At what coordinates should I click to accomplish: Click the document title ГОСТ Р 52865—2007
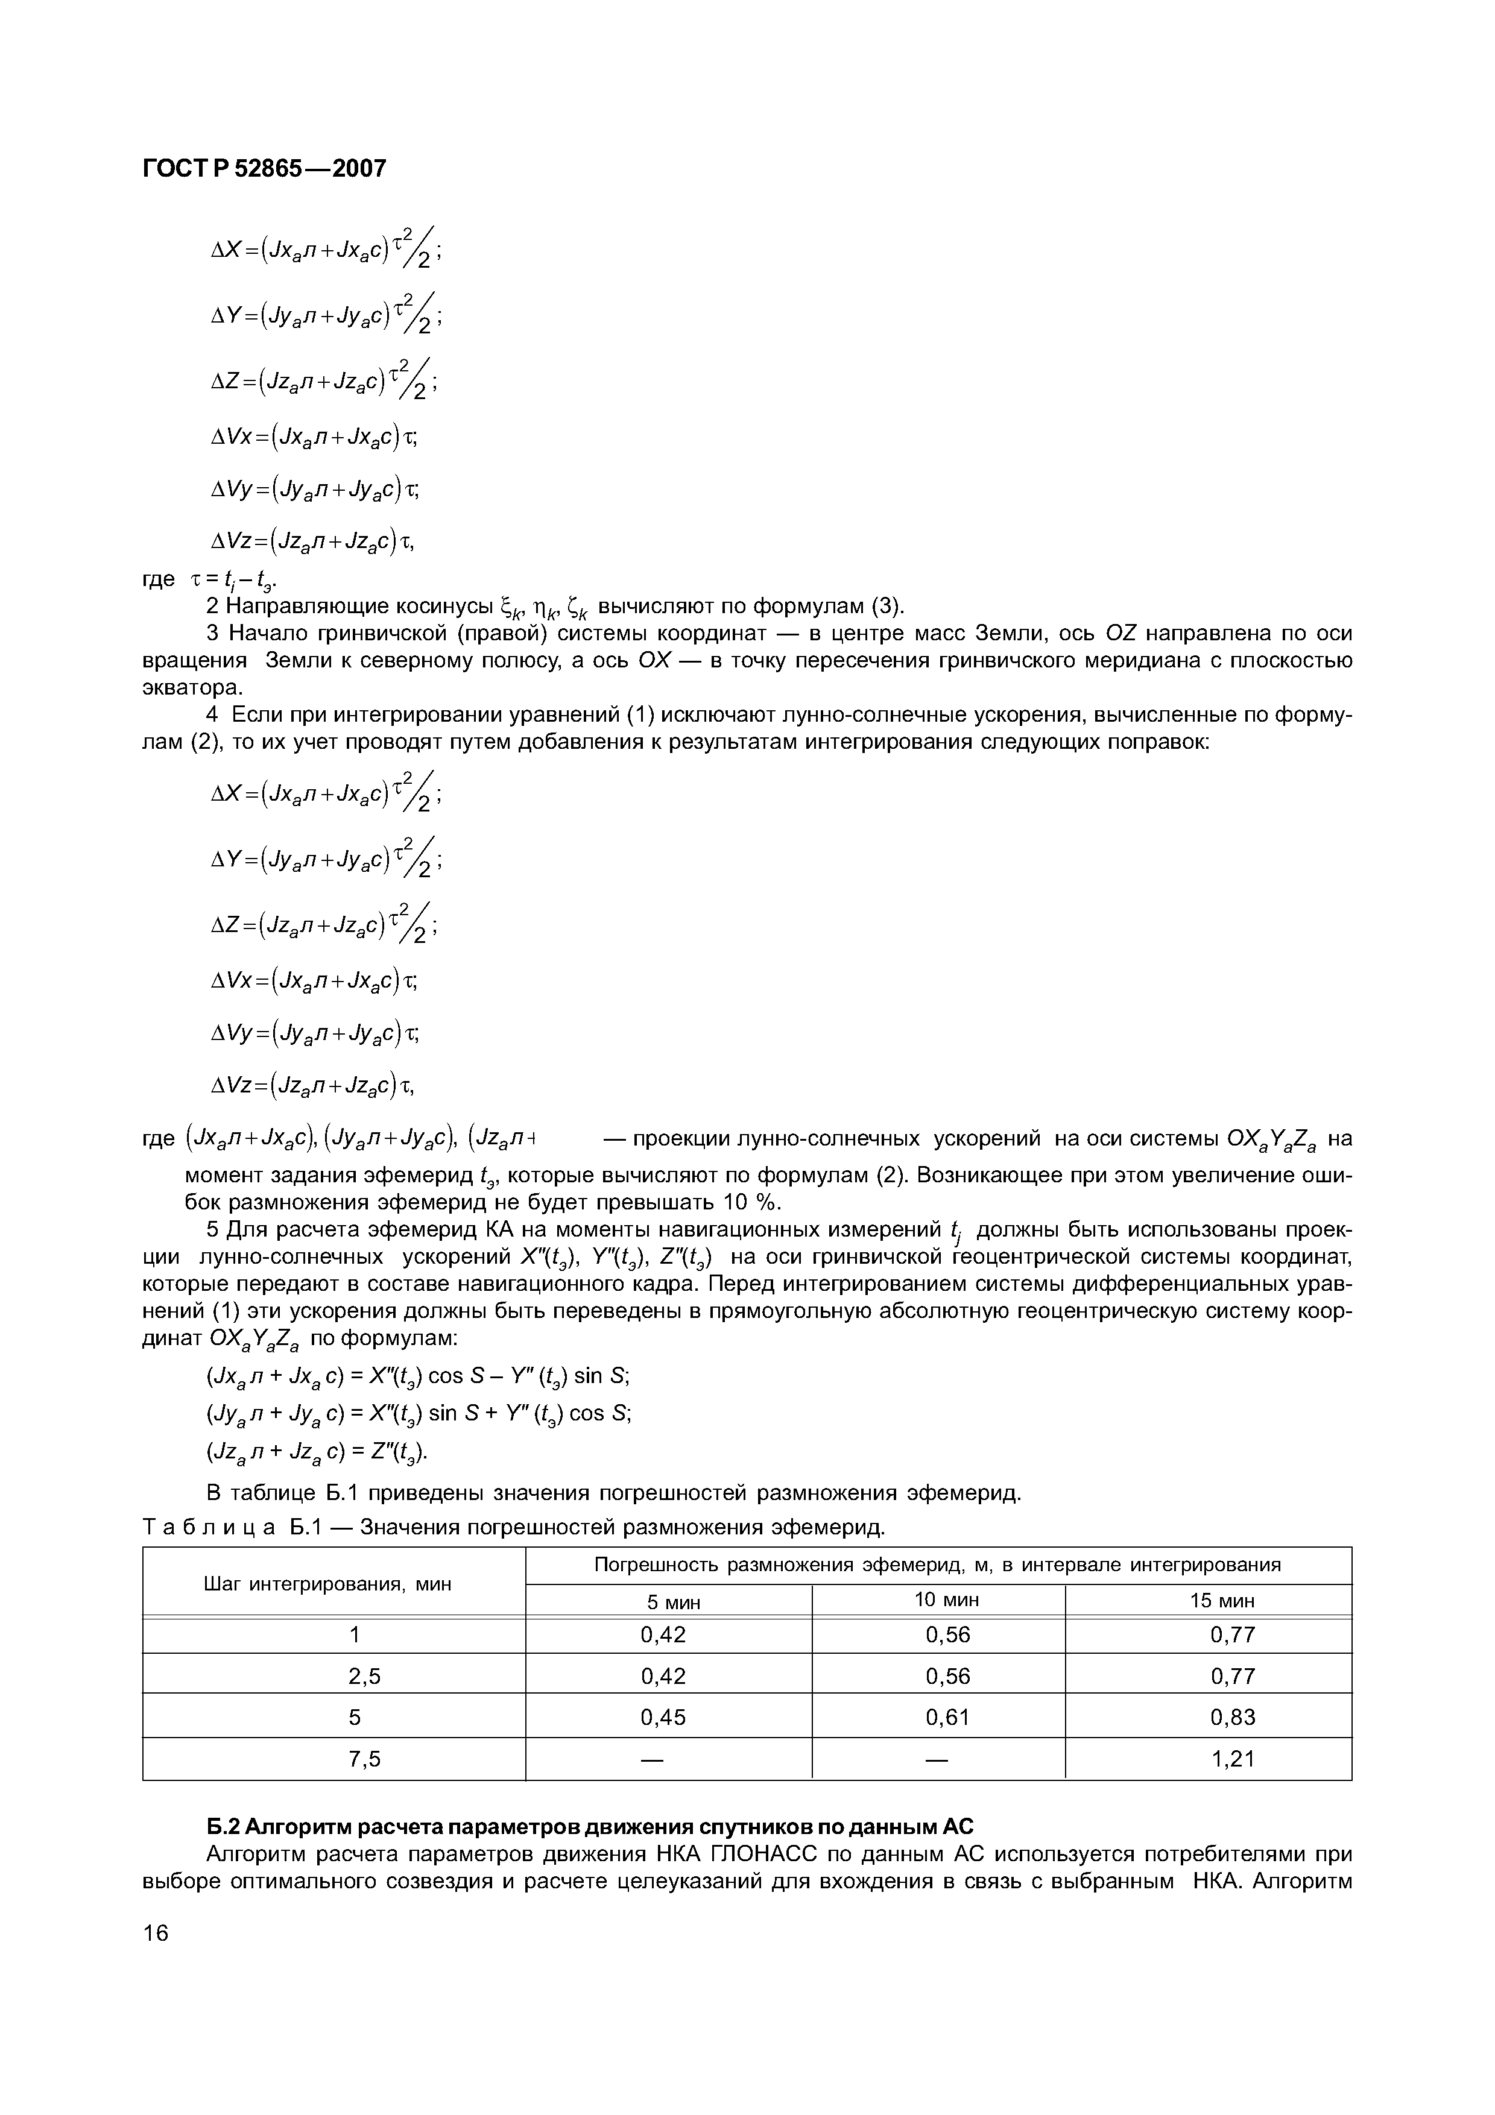[264, 169]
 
